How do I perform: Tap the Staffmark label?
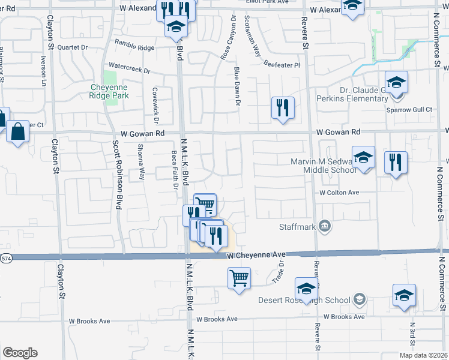(297, 226)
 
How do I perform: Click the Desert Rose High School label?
(304, 300)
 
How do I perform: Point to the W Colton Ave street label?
(339, 193)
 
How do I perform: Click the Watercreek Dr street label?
(130, 69)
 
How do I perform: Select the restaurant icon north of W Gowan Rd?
(282, 107)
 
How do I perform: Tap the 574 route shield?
(5, 257)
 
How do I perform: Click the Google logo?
(20, 353)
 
